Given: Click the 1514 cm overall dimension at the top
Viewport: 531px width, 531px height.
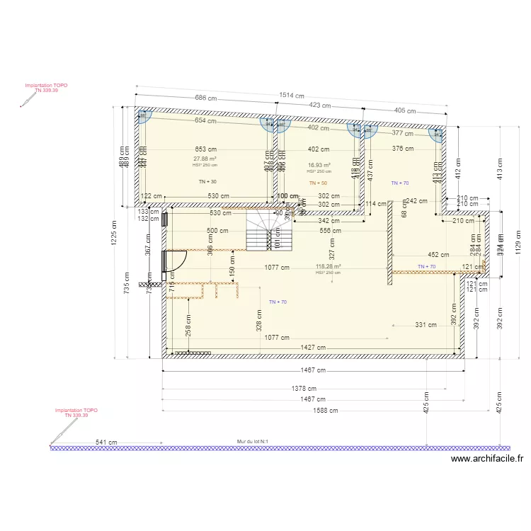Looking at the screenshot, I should [291, 96].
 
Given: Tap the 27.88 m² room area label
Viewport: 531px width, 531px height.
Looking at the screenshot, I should [205, 159].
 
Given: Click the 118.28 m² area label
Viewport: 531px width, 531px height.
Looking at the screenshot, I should [328, 267].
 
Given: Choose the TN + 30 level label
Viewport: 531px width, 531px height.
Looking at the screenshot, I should [208, 182].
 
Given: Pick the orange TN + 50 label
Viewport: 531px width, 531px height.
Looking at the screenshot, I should [319, 183].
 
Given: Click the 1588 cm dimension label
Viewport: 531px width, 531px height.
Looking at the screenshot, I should [325, 410].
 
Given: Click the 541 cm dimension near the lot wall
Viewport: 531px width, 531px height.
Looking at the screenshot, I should [106, 442].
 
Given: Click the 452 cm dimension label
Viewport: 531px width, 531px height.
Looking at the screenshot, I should [439, 255].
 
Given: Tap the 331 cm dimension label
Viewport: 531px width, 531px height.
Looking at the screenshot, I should [426, 325].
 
